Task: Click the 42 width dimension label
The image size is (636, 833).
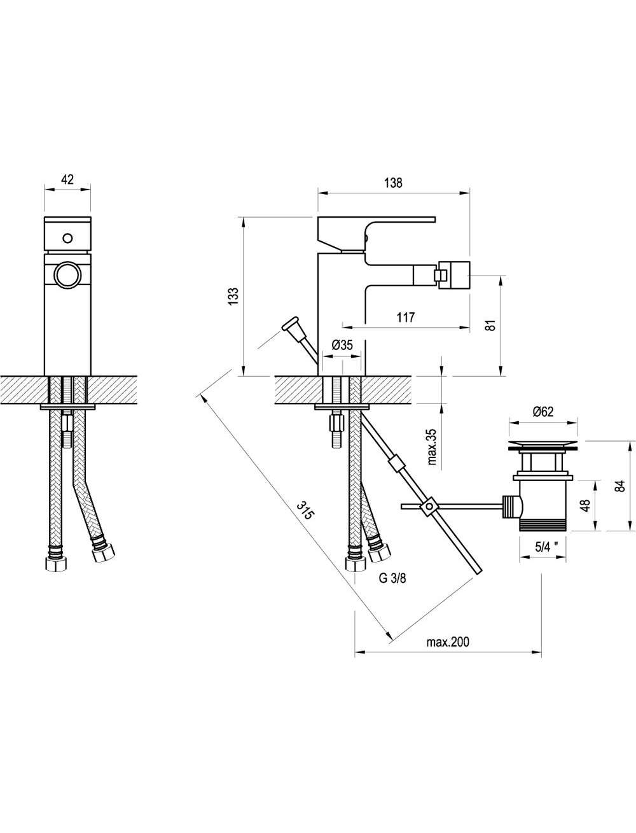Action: click(67, 179)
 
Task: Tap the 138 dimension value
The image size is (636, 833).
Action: click(393, 183)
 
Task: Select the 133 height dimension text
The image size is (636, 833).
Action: click(233, 297)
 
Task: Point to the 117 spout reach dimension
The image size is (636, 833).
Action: click(405, 317)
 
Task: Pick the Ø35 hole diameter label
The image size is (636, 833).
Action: click(342, 344)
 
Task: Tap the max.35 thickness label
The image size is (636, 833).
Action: click(432, 447)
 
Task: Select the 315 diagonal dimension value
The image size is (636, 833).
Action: click(306, 510)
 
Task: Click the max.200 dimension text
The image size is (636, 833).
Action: click(448, 641)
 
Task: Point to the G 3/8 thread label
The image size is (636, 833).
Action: click(392, 578)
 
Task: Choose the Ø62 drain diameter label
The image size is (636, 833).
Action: click(543, 411)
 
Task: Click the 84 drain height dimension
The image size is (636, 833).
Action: click(619, 486)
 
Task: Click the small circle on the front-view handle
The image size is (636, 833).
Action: click(67, 238)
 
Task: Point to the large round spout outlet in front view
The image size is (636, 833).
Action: click(67, 275)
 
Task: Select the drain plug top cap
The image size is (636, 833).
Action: click(543, 445)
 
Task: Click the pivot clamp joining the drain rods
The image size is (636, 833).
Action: click(429, 507)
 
